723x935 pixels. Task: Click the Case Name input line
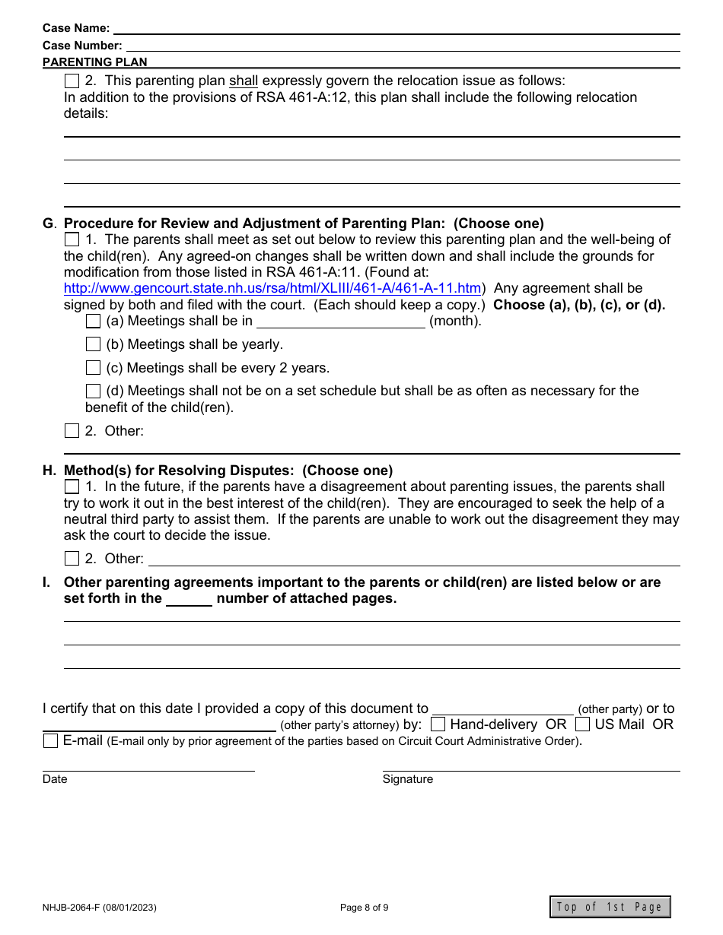(396, 28)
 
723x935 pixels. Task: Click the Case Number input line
(401, 46)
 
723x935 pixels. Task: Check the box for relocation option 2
(72, 81)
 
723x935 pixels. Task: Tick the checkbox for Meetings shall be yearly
(93, 344)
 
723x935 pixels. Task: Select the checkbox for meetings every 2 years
(93, 368)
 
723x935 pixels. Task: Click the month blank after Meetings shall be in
(340, 322)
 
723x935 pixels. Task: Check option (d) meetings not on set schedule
(93, 391)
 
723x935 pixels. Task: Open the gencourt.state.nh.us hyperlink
(272, 289)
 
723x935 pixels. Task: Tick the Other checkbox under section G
(72, 431)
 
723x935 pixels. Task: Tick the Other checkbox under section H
(72, 559)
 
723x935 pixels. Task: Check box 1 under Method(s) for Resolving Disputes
(72, 487)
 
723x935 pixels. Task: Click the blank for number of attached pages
(189, 599)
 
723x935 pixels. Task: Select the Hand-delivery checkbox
(438, 724)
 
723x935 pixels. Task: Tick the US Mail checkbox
(582, 724)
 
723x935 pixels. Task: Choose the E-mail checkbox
(50, 740)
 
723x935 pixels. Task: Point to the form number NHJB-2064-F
(100, 907)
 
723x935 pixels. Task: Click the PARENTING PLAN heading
(95, 62)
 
